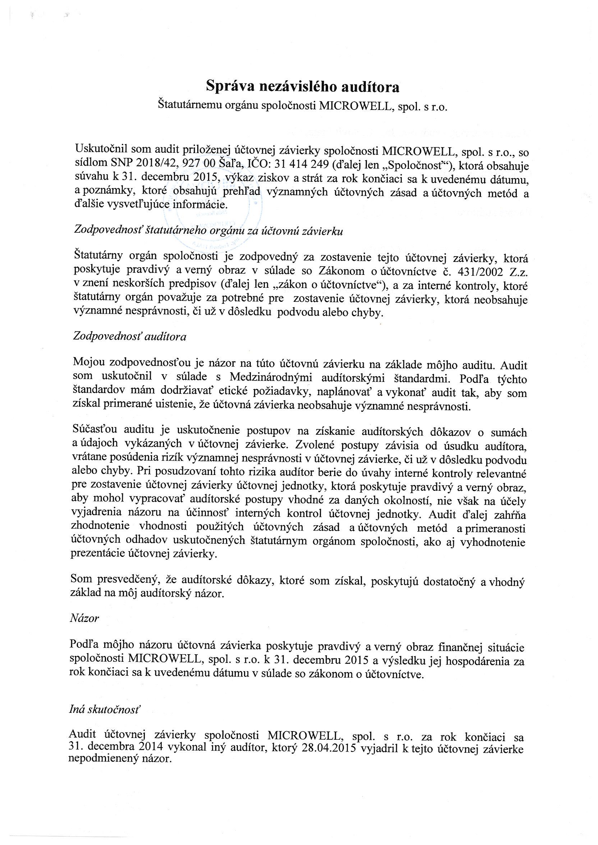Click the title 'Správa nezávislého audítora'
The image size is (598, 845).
[302, 87]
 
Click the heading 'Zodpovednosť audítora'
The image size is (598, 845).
[130, 336]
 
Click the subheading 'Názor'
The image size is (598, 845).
[84, 618]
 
